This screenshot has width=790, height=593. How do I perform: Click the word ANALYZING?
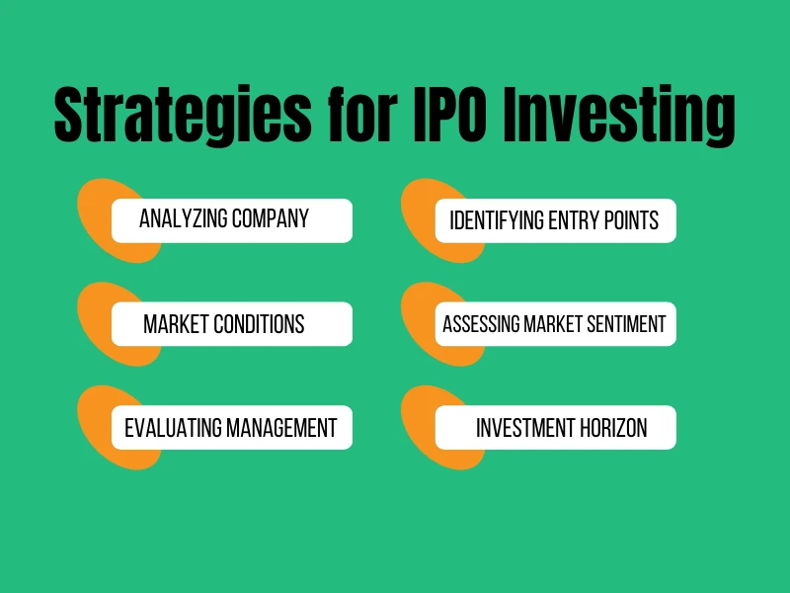click(182, 219)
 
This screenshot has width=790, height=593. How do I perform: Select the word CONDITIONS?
click(256, 324)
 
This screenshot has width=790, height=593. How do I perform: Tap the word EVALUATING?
click(173, 428)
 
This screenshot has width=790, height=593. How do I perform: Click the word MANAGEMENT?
click(281, 428)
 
